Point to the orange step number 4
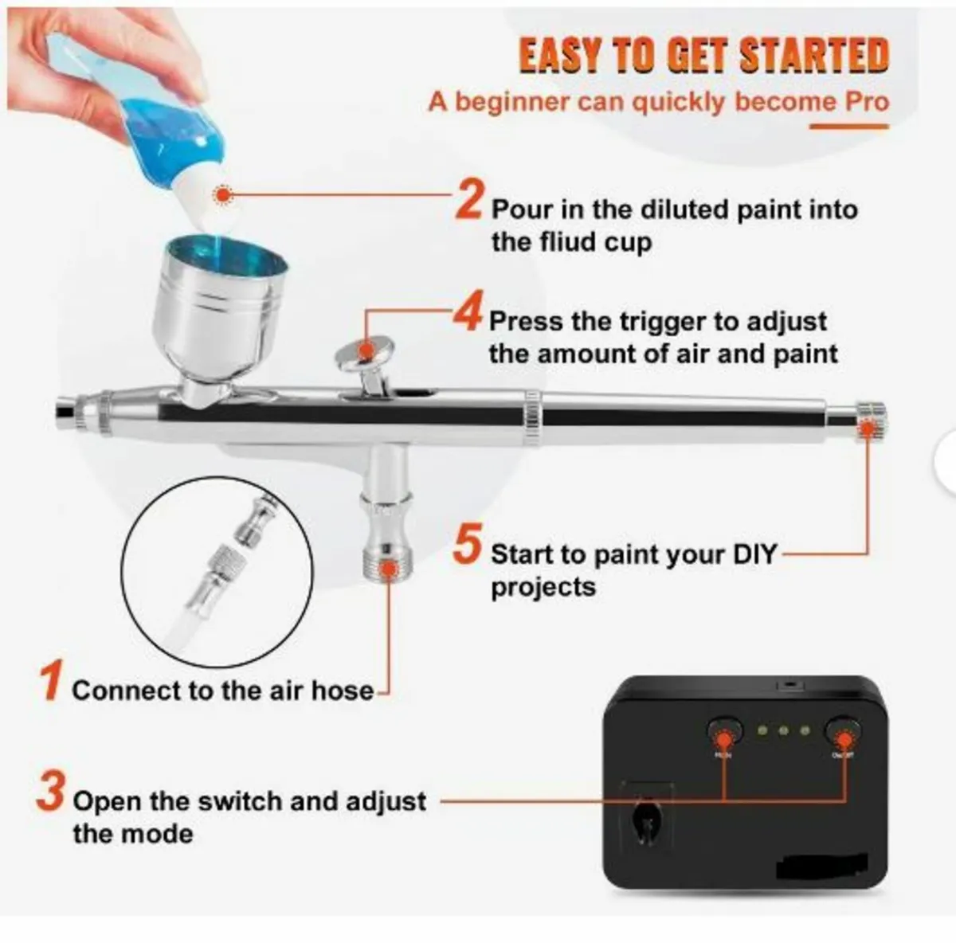468,314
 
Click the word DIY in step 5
754,554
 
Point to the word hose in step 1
343,691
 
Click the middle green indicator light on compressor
785,730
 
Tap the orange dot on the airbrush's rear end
869,428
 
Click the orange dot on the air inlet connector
388,567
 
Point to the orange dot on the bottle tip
224,194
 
